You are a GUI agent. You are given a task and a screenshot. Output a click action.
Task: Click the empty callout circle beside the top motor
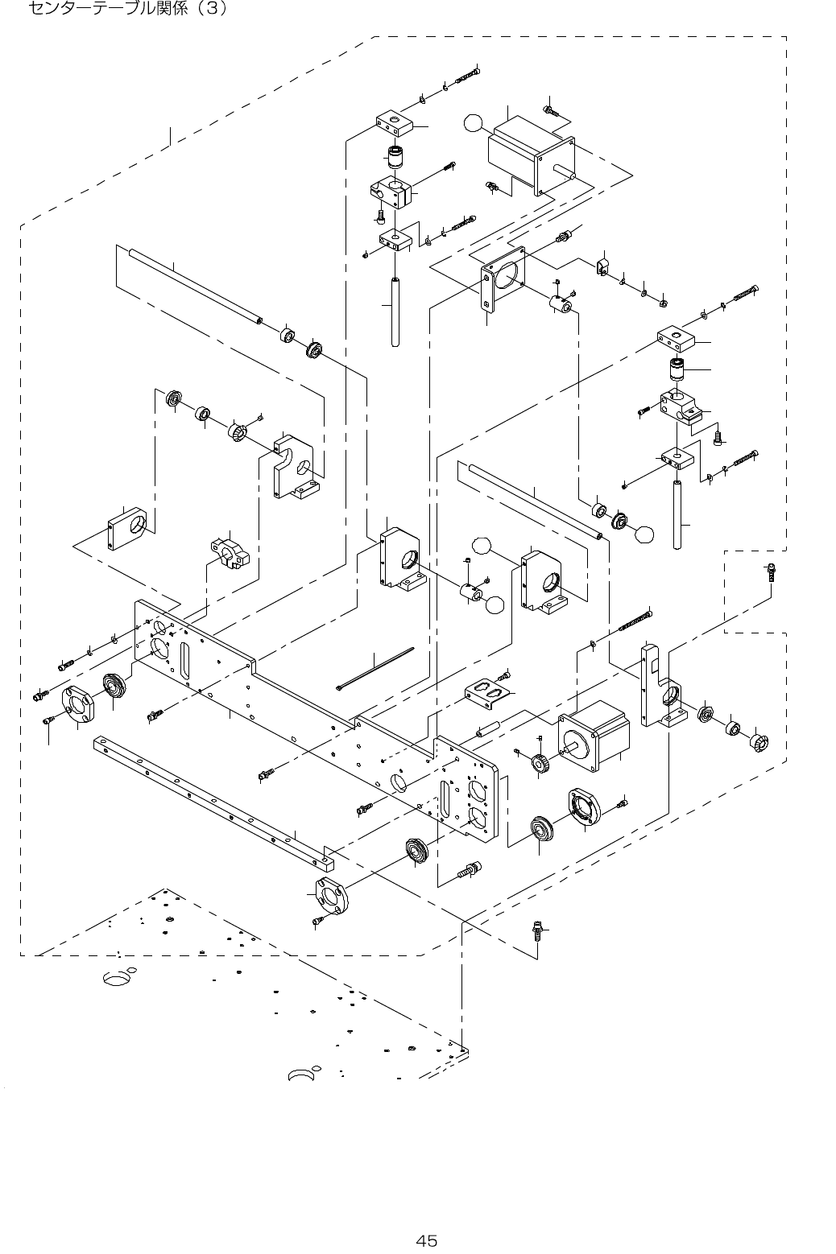473,122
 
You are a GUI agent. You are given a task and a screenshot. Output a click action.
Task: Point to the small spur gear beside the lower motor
540,762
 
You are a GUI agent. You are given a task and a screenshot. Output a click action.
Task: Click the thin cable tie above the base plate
375,669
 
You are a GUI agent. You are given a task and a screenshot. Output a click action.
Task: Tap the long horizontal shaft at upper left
196,286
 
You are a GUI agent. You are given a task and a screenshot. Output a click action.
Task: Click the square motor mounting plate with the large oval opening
503,278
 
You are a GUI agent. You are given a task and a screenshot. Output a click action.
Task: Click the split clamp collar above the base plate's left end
230,553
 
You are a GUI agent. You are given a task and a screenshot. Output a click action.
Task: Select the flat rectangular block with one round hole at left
126,529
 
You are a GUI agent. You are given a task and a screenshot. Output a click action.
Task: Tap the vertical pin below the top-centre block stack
395,311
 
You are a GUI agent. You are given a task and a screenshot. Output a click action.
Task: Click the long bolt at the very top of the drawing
467,76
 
